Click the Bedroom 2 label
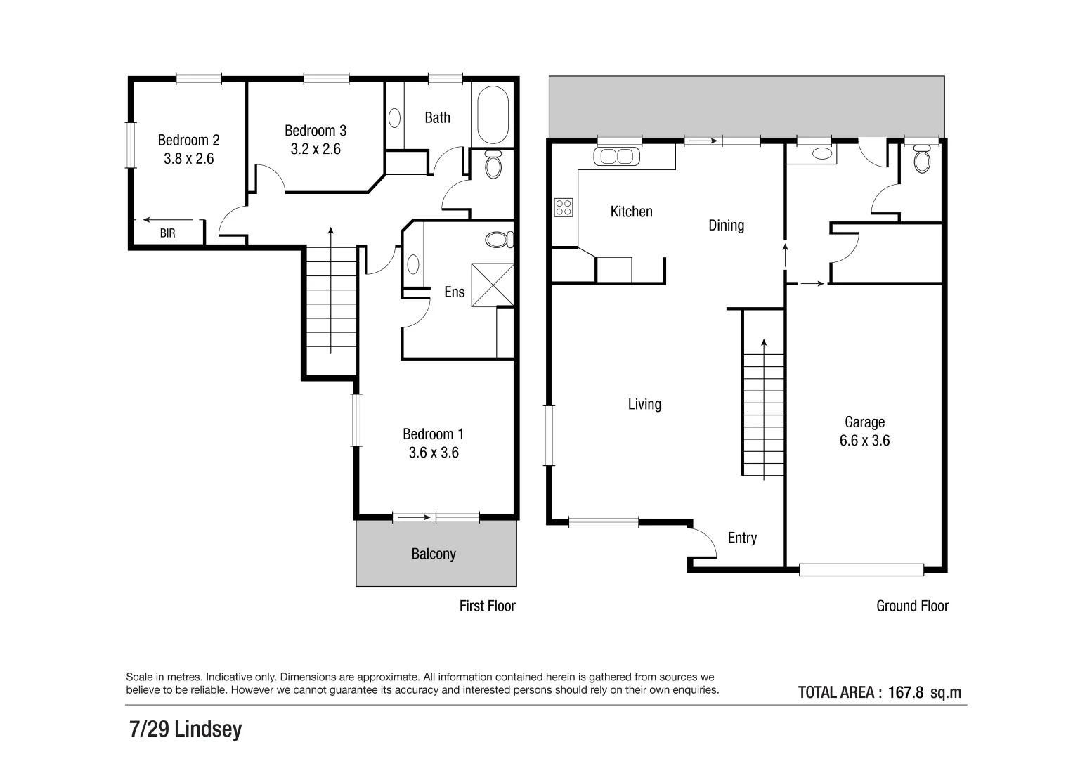point(188,141)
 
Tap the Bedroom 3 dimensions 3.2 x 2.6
point(316,149)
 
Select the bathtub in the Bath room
point(495,116)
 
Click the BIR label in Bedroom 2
point(167,233)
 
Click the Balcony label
point(434,554)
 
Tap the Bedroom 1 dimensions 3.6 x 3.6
point(434,453)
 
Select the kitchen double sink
point(617,156)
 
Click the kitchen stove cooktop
point(564,207)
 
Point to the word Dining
point(726,225)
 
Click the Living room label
point(644,404)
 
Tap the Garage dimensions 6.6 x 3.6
point(864,441)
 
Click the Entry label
point(742,538)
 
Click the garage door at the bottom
point(861,569)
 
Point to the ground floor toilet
point(921,161)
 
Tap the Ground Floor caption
point(912,606)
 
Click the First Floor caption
point(487,606)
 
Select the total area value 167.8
point(905,692)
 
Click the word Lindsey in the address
point(208,729)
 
